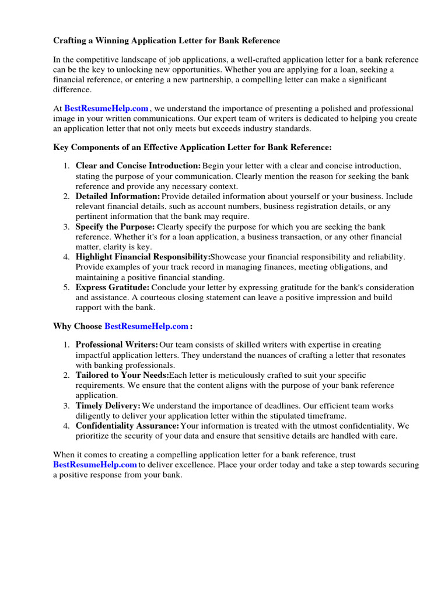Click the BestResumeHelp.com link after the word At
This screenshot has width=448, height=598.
106,109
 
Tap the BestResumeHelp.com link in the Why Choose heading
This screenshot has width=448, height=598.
146,326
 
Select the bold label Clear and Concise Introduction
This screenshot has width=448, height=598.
138,166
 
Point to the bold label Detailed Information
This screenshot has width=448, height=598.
117,196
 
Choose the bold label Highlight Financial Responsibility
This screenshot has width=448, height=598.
142,257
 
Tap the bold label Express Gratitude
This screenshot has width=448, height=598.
113,287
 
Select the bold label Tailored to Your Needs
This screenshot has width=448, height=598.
122,376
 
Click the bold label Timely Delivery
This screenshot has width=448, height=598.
108,405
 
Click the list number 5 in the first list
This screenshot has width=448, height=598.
66,287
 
